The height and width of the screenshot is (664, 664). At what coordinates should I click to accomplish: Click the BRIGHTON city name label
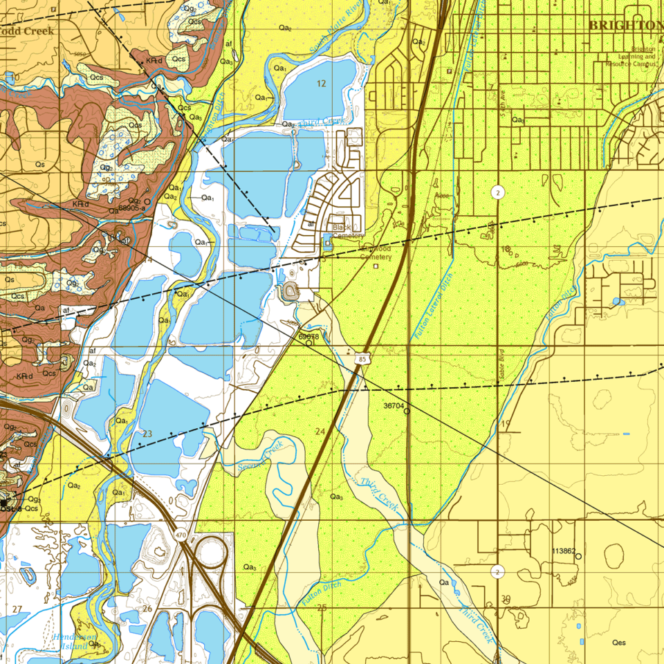[x=625, y=25]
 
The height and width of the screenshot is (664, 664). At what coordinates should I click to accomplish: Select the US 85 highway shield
[x=362, y=359]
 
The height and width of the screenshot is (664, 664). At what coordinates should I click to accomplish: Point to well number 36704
[x=394, y=406]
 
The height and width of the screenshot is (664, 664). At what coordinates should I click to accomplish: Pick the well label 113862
[x=564, y=551]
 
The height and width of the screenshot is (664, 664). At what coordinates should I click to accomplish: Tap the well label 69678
[x=309, y=336]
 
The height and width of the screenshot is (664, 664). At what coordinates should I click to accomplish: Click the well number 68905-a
[x=131, y=207]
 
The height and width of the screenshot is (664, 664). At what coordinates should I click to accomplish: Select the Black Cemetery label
[x=347, y=231]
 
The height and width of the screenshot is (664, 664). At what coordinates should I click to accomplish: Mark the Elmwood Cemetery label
[x=376, y=252]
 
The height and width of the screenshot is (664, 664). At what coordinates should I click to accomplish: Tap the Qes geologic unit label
[x=618, y=643]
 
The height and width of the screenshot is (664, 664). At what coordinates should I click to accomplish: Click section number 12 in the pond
[x=321, y=84]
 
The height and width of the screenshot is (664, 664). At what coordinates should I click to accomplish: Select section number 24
[x=320, y=432]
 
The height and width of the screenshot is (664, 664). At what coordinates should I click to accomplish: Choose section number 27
[x=17, y=609]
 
